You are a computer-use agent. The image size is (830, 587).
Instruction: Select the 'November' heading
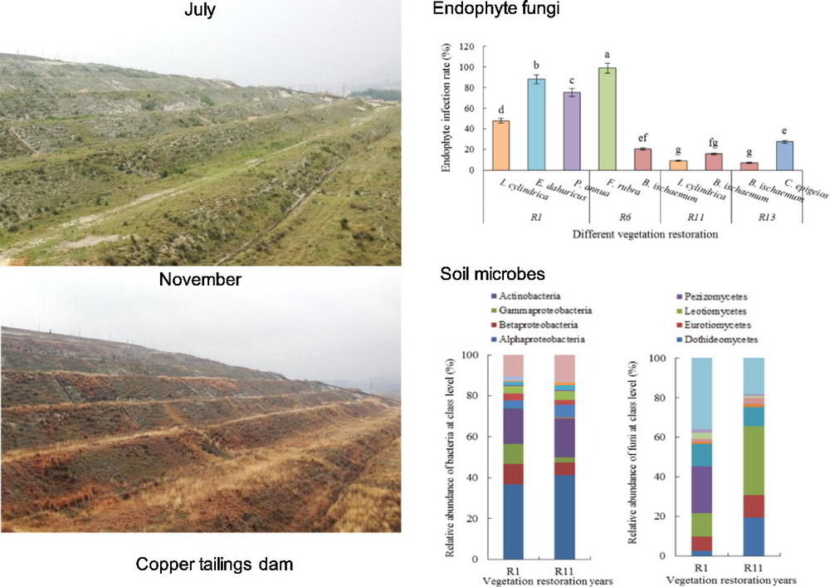point(200,280)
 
